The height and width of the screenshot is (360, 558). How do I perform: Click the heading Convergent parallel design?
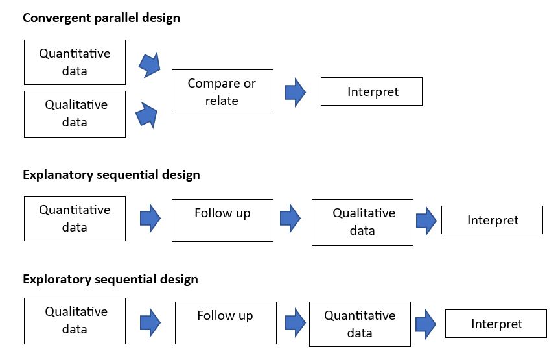pos(101,18)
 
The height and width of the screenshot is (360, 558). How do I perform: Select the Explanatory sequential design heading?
pos(111,175)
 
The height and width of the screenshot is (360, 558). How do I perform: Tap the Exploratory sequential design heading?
pos(110,279)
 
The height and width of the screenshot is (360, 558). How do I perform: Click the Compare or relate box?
pos(222,91)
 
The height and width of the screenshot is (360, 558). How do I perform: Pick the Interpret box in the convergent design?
pos(371,91)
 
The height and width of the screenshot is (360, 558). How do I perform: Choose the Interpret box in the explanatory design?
pos(492,220)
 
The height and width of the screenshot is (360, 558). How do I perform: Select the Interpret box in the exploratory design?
pos(496,324)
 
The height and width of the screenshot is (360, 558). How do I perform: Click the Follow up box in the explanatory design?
pos(222,221)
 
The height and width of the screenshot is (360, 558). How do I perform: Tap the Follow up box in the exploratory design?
pos(226,323)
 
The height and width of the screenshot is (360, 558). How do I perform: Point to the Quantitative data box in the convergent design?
pos(75,62)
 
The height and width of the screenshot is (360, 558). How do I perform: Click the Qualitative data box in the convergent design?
pos(75,114)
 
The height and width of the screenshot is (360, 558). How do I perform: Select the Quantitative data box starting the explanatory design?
pos(75,219)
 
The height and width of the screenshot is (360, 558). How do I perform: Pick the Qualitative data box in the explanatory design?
pos(363,222)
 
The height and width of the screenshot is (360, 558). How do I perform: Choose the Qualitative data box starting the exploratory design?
pos(75,321)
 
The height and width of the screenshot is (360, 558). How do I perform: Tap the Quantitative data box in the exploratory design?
pos(360,324)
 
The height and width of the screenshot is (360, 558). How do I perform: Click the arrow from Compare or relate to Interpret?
pos(296,93)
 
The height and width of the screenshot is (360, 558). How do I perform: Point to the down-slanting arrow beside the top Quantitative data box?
pos(150,65)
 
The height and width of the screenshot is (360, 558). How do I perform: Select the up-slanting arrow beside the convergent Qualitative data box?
pos(146,115)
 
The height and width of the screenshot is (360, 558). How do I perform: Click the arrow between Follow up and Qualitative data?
pos(290,219)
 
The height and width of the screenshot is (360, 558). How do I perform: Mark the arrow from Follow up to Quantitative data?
pos(296,323)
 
